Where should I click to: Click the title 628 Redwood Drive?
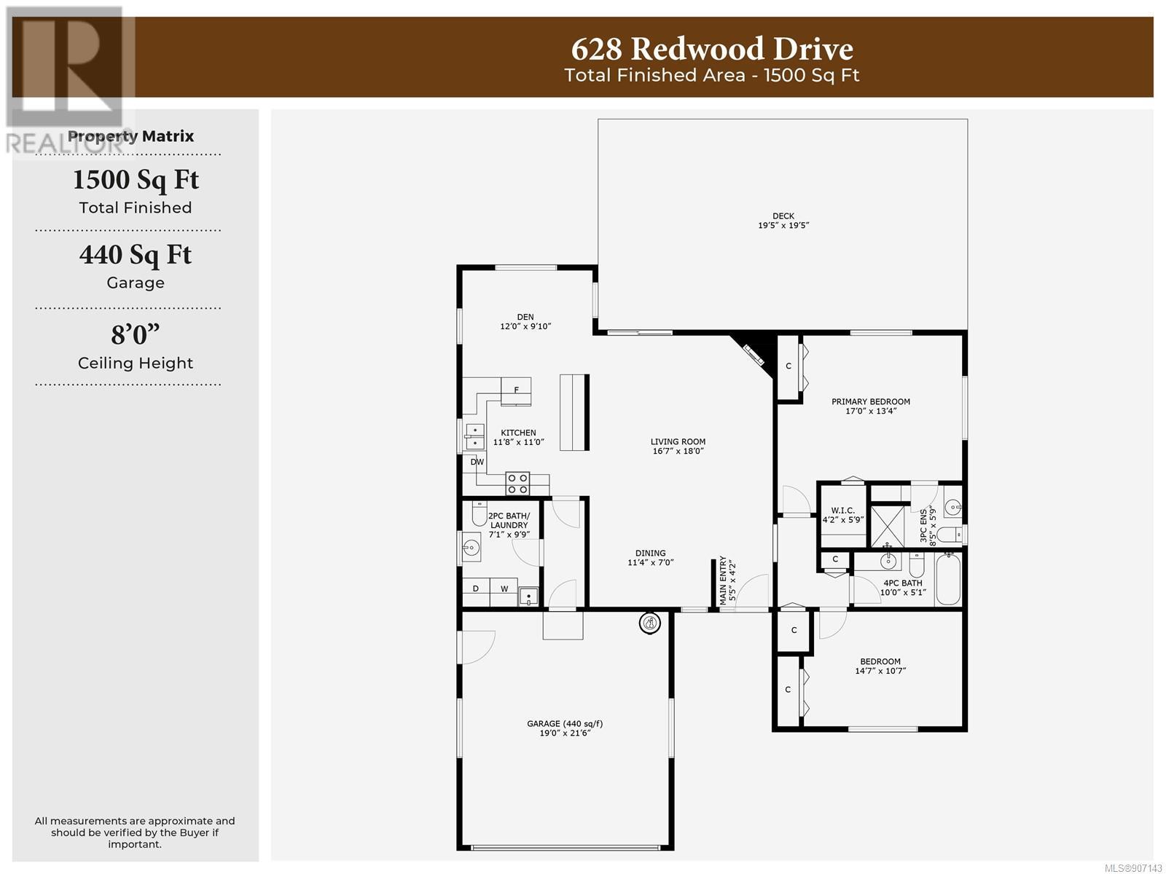point(712,49)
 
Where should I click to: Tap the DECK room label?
point(783,216)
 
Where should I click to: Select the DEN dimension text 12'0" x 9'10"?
point(525,326)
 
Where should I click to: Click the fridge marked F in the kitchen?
point(516,391)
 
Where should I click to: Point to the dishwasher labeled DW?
point(477,462)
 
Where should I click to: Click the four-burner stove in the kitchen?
point(517,483)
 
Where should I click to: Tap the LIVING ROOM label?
point(678,441)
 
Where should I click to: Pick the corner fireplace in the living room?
point(754,354)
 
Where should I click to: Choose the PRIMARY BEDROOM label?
point(871,402)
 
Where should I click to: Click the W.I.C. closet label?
point(843,511)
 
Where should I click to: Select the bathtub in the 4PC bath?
point(947,579)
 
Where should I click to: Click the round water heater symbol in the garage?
point(649,623)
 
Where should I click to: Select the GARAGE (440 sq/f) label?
point(565,723)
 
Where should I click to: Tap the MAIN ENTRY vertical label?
point(723,580)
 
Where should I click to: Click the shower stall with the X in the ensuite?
point(888,527)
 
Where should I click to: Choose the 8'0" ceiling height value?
point(136,334)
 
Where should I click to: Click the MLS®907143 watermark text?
point(1133,868)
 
